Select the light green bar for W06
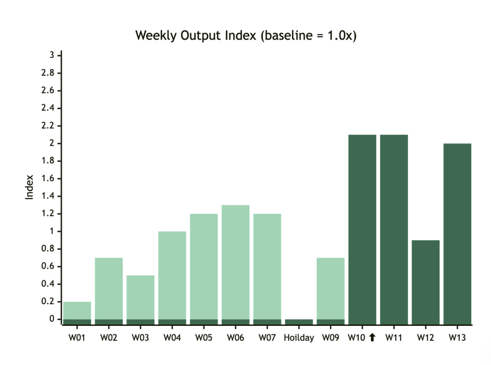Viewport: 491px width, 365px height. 235,262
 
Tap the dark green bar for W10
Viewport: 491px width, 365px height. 362,229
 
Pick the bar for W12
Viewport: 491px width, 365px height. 426,282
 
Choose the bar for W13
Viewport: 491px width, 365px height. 457,234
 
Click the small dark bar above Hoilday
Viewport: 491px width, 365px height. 299,322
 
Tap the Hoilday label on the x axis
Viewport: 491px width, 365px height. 299,338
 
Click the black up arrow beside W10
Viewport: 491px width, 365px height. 372,337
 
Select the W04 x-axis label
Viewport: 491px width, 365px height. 172,338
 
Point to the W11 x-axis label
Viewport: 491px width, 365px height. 394,338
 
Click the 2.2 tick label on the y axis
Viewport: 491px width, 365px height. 48,126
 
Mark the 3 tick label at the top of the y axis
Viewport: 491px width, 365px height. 52,55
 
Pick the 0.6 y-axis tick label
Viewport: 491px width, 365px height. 48,266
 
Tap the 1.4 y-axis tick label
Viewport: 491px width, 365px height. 48,196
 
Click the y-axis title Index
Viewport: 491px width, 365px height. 29,187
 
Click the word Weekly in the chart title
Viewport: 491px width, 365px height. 156,35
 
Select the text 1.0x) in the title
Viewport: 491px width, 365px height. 342,35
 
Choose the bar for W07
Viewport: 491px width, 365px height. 267,267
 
